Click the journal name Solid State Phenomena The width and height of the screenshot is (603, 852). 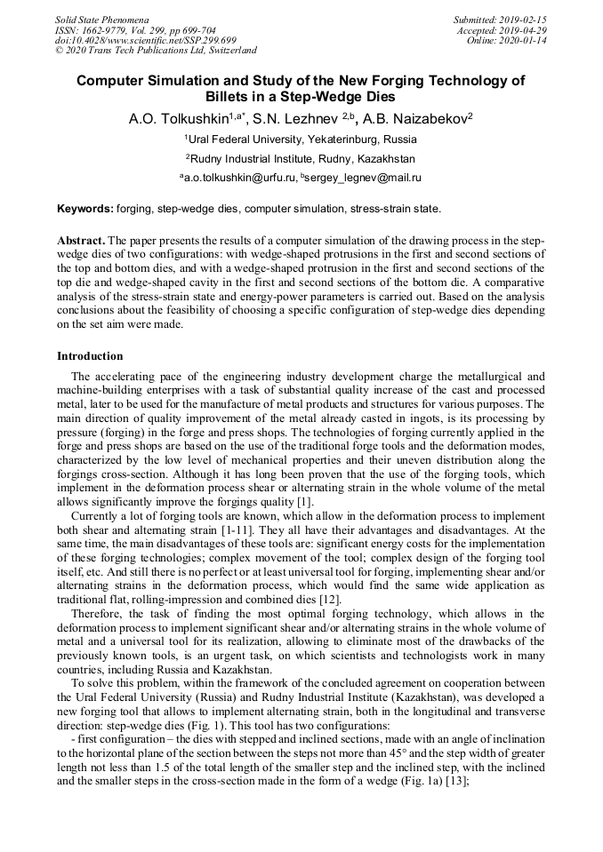[x=101, y=19]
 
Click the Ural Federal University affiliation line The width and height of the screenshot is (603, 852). [x=301, y=139]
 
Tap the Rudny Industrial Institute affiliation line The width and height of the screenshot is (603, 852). [x=301, y=159]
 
